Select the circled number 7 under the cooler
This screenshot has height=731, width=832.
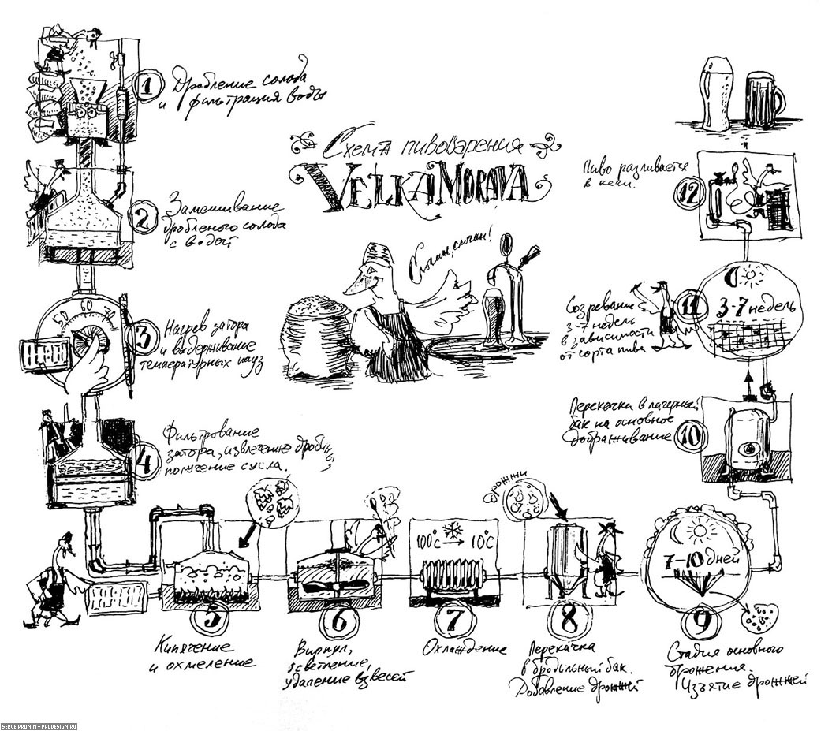(x=451, y=621)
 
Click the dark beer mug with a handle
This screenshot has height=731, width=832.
(x=763, y=101)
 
